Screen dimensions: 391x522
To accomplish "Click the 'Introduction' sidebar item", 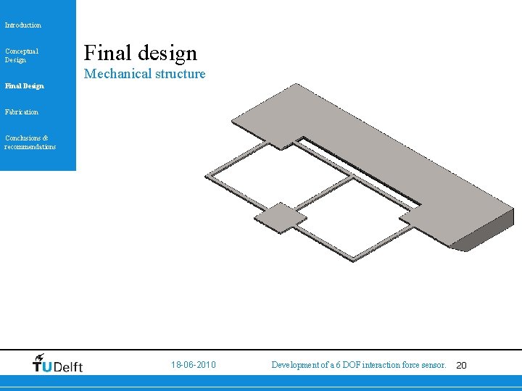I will click(23, 25).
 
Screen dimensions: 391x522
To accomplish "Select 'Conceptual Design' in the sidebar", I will click(22, 55).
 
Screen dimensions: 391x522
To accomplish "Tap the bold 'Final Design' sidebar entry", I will click(24, 86).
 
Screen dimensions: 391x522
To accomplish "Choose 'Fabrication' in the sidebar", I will click(22, 112).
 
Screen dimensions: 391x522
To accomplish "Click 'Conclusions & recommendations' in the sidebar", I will click(30, 142).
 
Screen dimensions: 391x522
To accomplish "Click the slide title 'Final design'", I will click(141, 53).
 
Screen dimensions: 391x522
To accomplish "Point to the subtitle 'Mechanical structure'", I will click(145, 74).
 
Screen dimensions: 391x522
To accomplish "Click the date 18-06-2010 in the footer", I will click(194, 365).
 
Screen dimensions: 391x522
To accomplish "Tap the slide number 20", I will click(461, 366).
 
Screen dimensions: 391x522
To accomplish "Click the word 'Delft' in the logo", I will click(67, 366).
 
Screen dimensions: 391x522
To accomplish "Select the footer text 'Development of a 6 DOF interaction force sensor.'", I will click(358, 365).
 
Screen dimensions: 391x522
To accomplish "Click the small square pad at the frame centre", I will click(280, 217).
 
